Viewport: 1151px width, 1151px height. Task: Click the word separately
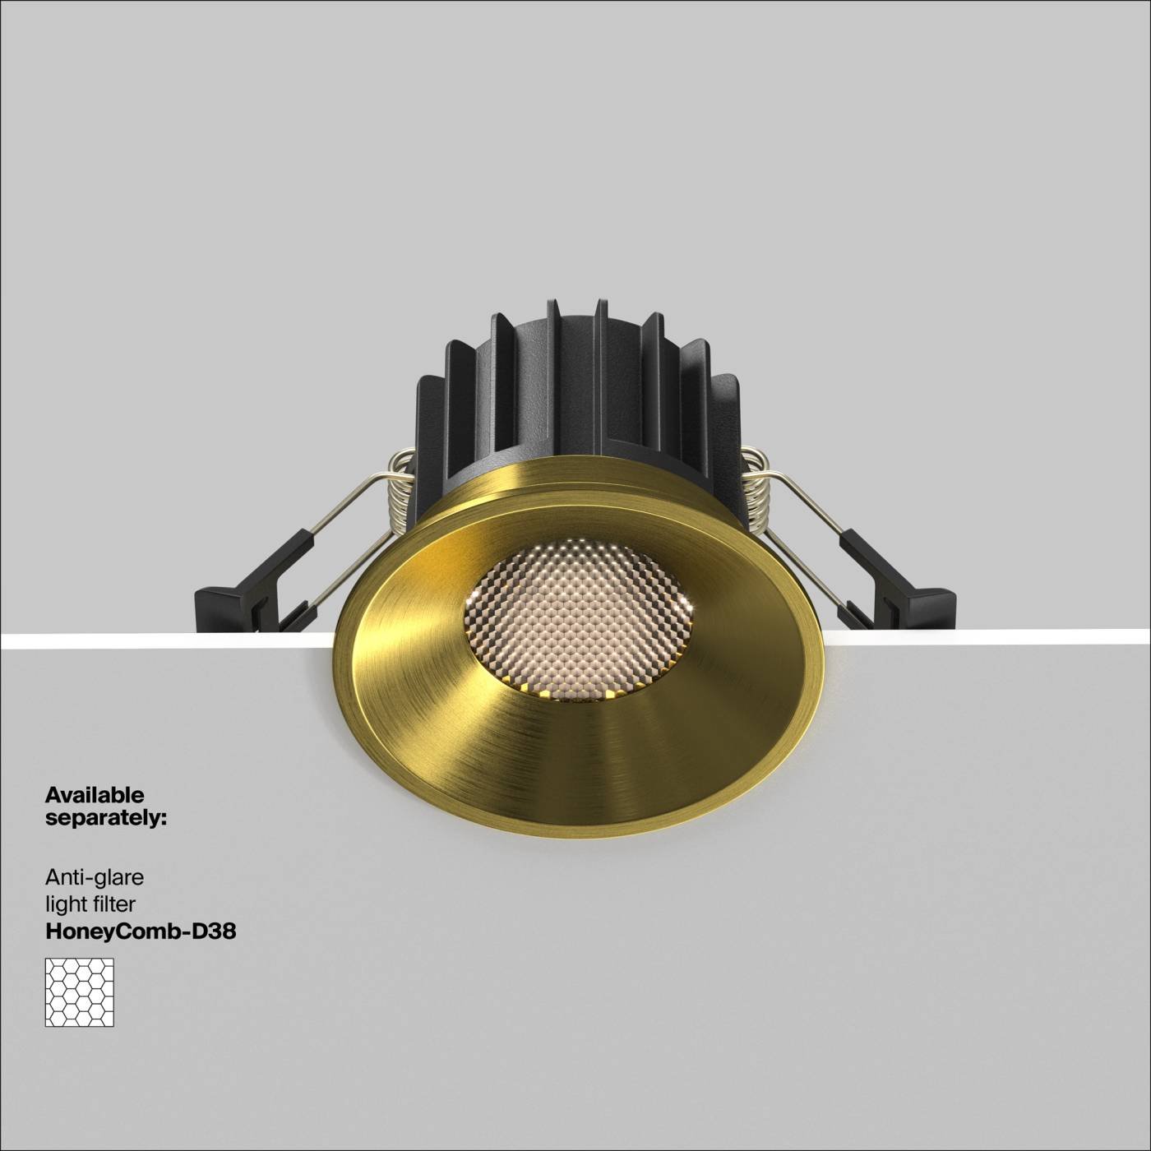click(106, 819)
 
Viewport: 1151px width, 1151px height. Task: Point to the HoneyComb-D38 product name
click(141, 931)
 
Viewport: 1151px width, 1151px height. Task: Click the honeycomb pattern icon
click(80, 992)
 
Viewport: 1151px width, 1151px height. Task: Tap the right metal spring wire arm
click(810, 534)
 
